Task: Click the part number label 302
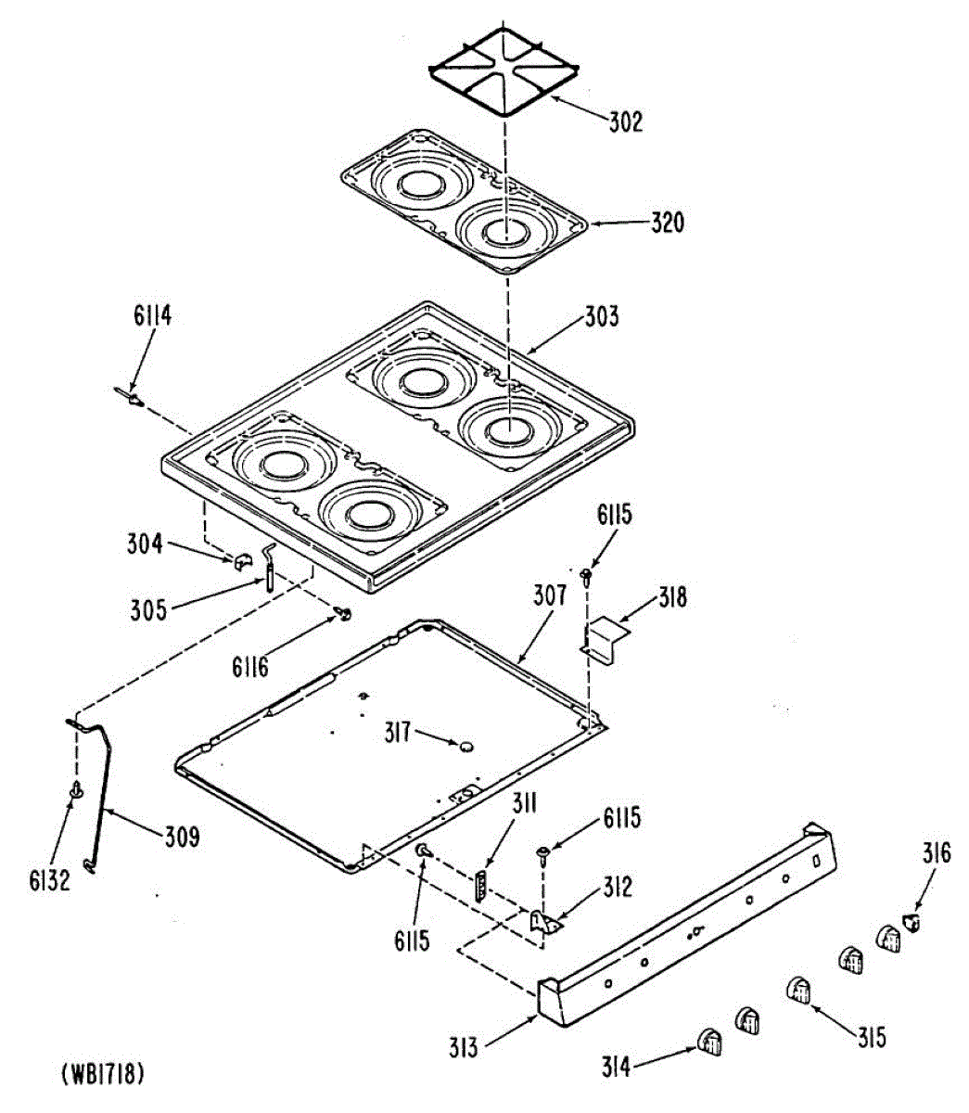tap(626, 122)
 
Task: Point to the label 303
tap(601, 317)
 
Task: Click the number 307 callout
tap(549, 595)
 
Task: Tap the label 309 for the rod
tap(182, 837)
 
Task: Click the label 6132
tap(49, 880)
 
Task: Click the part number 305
tap(148, 609)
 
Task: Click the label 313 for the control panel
tap(463, 1048)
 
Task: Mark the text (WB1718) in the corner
tap(102, 1074)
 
